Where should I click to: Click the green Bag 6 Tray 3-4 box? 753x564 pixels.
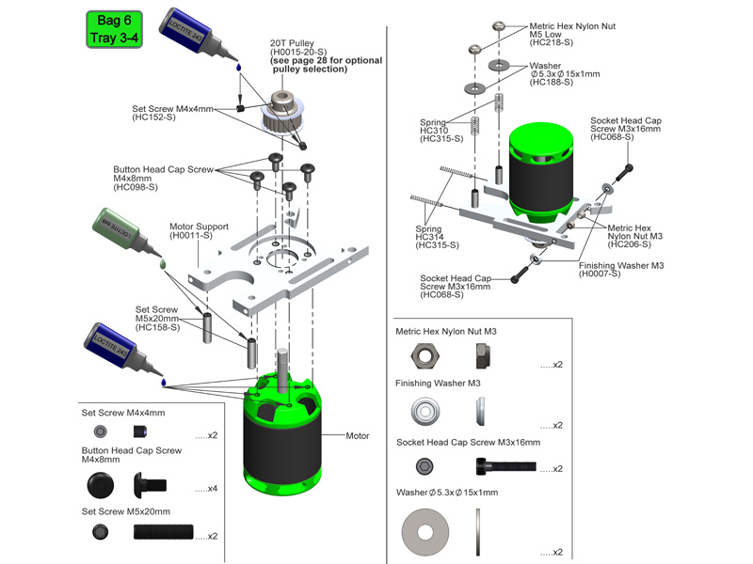coord(114,29)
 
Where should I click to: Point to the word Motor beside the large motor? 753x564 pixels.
coord(358,436)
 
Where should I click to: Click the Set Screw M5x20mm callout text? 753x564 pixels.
coord(156,318)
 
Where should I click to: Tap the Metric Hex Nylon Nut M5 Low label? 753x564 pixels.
coord(572,35)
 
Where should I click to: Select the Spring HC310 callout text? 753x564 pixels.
coord(441,130)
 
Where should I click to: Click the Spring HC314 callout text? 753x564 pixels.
coord(437,237)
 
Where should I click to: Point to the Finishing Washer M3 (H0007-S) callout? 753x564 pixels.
coord(621,269)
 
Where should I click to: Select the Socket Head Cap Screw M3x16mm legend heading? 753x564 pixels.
coord(468,442)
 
